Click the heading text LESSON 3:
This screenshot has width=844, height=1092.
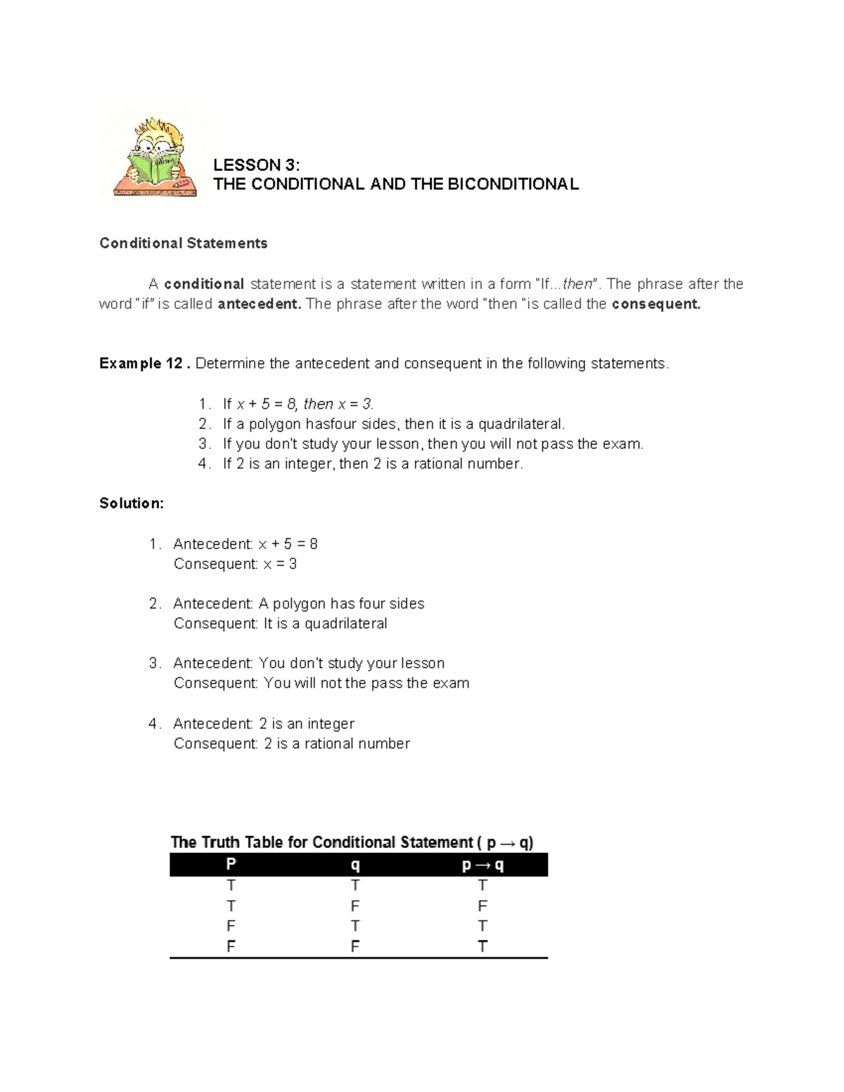(256, 165)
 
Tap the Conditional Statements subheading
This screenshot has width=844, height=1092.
(184, 243)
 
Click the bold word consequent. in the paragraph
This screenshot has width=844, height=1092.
(656, 304)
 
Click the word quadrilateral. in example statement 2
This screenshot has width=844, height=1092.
(522, 424)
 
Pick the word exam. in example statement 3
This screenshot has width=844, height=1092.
(626, 444)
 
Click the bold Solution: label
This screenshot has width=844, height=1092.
(132, 503)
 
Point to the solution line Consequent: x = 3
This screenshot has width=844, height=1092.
(235, 564)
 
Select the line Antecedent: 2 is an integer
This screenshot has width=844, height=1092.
(264, 724)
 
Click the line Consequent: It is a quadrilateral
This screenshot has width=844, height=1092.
(280, 624)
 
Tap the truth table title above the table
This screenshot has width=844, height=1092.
(352, 842)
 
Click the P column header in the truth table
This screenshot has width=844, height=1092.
(231, 865)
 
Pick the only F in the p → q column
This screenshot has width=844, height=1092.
(482, 906)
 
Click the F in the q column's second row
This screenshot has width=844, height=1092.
(355, 906)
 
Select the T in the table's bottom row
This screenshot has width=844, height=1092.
(482, 946)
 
